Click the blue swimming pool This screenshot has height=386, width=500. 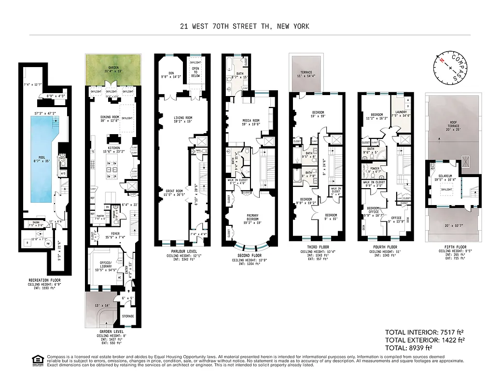coord(39,159)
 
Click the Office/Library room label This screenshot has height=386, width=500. coord(105,264)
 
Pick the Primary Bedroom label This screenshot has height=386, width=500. coord(250,219)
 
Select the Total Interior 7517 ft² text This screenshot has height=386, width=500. coord(424,332)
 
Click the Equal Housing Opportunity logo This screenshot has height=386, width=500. coord(37,360)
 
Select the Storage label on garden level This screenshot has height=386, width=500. coord(127,317)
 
